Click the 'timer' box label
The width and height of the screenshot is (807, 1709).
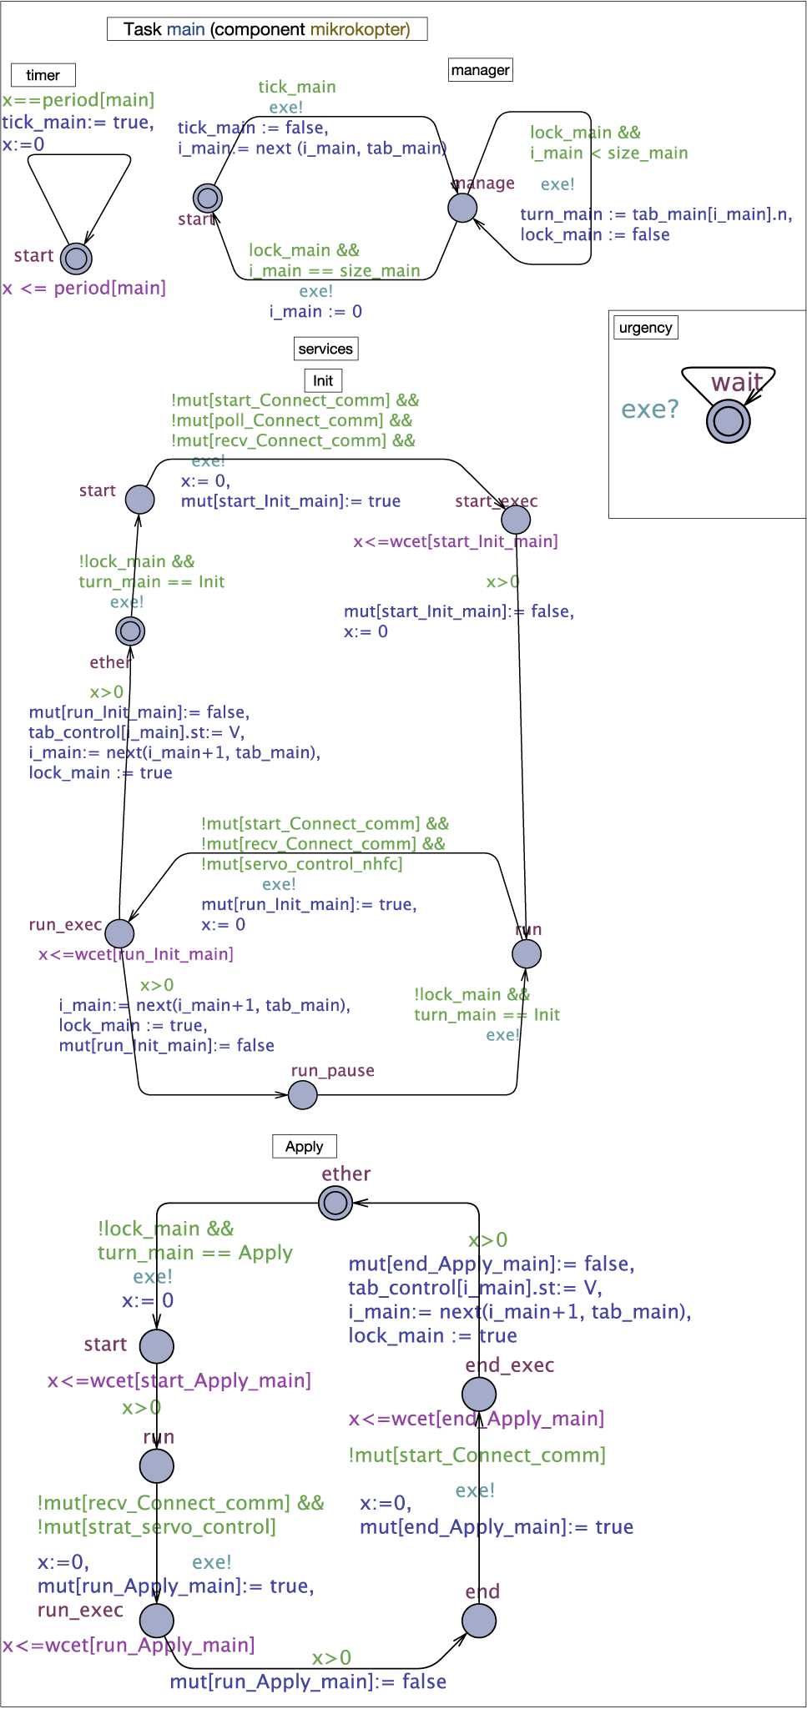coord(43,75)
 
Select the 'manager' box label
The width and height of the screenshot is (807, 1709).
coord(480,70)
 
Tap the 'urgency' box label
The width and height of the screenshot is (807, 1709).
coord(645,327)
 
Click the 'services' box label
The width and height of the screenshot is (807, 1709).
coord(325,349)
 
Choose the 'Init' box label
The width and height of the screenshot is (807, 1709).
coord(323,381)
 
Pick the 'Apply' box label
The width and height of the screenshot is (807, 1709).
coord(304,1146)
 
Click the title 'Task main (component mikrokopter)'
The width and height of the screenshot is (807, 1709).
coord(267,29)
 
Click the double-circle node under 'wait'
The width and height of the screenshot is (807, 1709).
coord(728,421)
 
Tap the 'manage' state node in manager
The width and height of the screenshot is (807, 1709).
coord(462,208)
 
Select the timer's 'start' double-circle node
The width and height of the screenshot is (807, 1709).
coord(76,259)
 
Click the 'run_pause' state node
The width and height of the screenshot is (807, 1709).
coord(302,1094)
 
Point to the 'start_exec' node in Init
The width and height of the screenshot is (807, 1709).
coord(516,520)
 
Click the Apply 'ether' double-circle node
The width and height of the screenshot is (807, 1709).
coord(335,1203)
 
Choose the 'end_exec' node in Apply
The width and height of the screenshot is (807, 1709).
coord(479,1394)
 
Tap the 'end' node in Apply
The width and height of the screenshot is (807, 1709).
coord(479,1620)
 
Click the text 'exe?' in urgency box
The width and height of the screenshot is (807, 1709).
coord(650,410)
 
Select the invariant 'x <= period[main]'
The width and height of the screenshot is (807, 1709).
coord(84,289)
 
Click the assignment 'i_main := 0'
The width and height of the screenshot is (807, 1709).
coord(315,312)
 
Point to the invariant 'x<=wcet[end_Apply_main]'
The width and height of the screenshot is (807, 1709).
coord(476,1419)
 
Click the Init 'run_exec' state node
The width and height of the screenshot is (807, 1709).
coord(119,933)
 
